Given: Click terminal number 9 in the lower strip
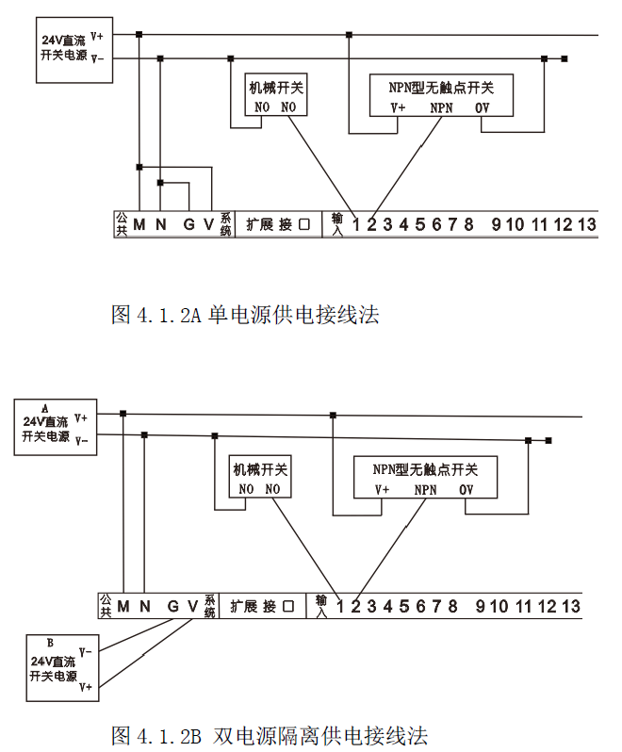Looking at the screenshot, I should [x=480, y=605].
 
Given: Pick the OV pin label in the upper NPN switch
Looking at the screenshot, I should [x=482, y=108].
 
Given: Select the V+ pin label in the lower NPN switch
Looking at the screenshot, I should [x=382, y=490].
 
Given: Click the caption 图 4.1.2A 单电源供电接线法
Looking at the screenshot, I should [x=245, y=315].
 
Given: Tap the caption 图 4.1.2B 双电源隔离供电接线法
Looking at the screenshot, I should [x=270, y=734].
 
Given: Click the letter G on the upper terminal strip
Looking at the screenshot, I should [x=188, y=224].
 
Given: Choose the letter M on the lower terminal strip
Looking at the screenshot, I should [x=123, y=605].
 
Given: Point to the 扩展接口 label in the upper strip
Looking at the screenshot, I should [x=278, y=224].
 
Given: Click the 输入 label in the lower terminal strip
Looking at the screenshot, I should [x=322, y=605].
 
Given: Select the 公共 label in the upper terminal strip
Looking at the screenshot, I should [x=121, y=224].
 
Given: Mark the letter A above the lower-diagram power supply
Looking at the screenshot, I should [x=44, y=406].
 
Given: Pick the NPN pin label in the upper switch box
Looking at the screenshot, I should [x=441, y=108].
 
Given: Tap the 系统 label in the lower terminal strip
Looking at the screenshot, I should [x=209, y=605].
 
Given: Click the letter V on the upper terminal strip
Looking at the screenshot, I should [x=208, y=224].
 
